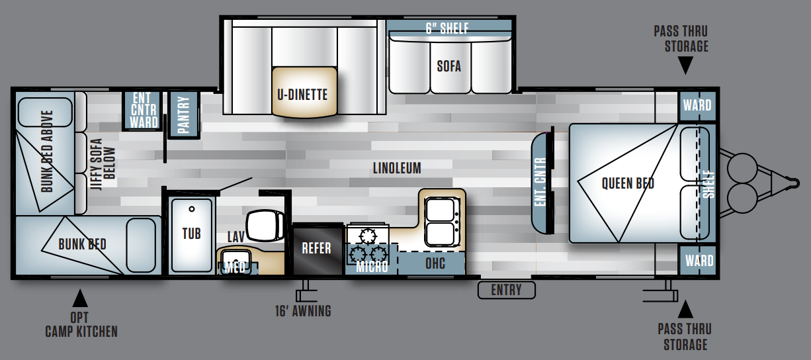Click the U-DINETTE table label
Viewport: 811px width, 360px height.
(x=302, y=95)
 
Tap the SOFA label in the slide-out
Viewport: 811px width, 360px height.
(x=449, y=66)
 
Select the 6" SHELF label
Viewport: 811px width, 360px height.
(x=447, y=28)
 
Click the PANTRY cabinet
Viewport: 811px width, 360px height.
(x=184, y=114)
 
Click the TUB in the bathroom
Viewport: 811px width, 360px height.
(x=192, y=235)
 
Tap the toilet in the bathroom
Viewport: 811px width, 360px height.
(x=265, y=226)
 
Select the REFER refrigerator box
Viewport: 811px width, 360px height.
(x=318, y=250)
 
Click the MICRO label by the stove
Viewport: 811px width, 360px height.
(x=372, y=267)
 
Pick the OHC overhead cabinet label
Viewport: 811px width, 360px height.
(x=435, y=263)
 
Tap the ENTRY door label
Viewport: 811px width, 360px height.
(x=506, y=290)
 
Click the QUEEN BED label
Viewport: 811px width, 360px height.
(x=628, y=183)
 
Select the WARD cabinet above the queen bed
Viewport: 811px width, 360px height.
(x=697, y=106)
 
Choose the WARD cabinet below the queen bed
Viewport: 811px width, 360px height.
(x=698, y=261)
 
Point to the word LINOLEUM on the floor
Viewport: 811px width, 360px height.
(x=397, y=168)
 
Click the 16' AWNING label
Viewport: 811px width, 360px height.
(x=303, y=311)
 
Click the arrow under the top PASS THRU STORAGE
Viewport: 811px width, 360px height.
(x=685, y=66)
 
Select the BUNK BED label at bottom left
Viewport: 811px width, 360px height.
(x=83, y=244)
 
